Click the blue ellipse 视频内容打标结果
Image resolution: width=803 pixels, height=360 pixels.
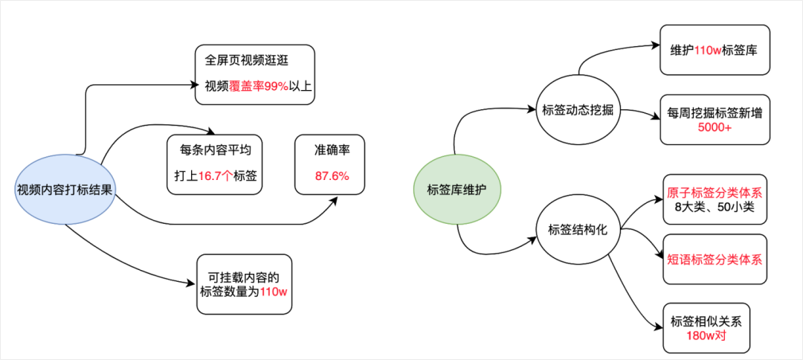click(x=65, y=189)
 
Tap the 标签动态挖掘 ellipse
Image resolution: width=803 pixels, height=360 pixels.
click(x=578, y=110)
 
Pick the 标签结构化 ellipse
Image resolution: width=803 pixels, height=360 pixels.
click(x=578, y=230)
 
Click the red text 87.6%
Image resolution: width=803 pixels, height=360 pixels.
click(x=331, y=176)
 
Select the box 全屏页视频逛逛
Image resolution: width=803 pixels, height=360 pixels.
click(x=255, y=74)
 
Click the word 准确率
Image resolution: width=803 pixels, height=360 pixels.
click(x=332, y=150)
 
